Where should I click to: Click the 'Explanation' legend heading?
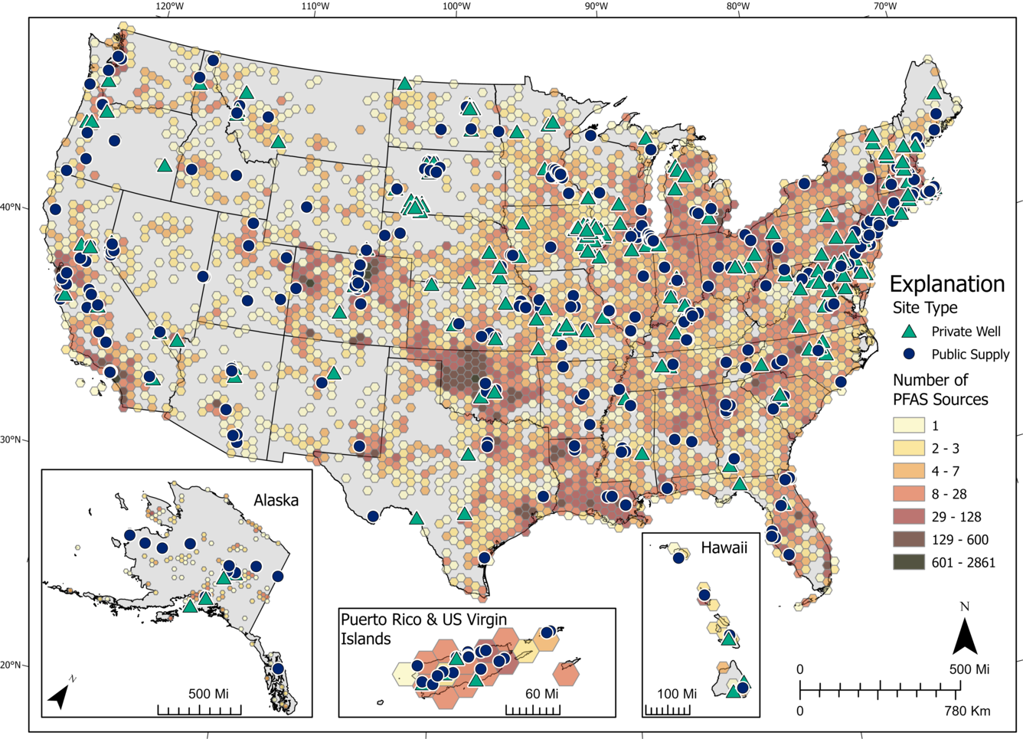(946, 284)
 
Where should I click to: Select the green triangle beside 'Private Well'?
(909, 332)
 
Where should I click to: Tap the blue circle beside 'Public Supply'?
(909, 354)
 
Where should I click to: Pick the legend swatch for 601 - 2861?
(908, 562)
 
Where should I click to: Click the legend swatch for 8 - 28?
(908, 494)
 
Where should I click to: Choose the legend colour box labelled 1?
(908, 425)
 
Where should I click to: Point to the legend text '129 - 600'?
(959, 540)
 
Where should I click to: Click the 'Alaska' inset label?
(276, 501)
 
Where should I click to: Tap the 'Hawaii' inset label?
(724, 548)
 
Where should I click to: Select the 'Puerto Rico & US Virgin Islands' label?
(423, 629)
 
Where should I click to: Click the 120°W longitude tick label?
(169, 7)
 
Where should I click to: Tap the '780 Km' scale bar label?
(966, 711)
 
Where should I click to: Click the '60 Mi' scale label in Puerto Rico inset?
(541, 694)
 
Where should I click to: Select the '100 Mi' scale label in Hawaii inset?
(676, 694)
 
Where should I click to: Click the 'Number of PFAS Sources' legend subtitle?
(940, 390)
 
